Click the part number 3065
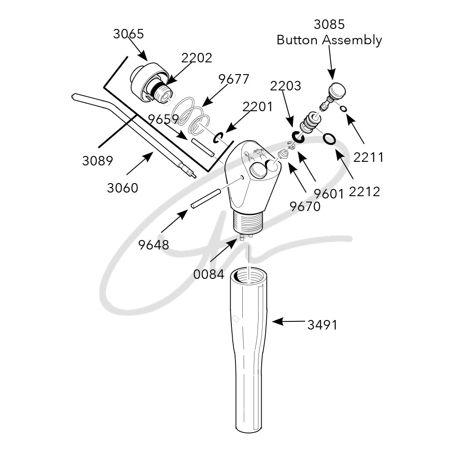point(128,34)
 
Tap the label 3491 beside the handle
point(322,325)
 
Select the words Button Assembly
point(329,40)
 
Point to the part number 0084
point(209,274)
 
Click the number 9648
point(153,245)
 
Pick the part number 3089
point(98,161)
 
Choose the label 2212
point(364,192)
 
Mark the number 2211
point(368,157)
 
